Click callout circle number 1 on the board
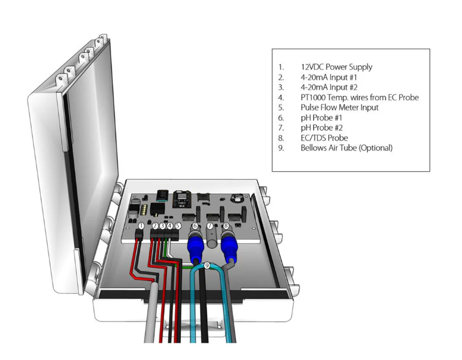click(x=141, y=225)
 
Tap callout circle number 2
click(x=155, y=225)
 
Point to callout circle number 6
click(x=195, y=226)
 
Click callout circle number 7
click(x=210, y=226)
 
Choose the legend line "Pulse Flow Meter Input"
click(x=339, y=107)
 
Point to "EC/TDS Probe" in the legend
click(x=324, y=137)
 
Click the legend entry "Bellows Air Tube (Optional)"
click(x=346, y=148)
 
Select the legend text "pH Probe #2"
click(x=321, y=127)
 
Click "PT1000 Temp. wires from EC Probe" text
click(x=359, y=97)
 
